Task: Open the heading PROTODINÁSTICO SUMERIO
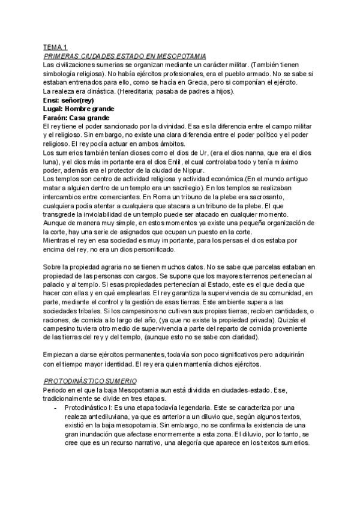pos(92,381)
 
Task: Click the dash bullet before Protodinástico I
pos(55,407)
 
